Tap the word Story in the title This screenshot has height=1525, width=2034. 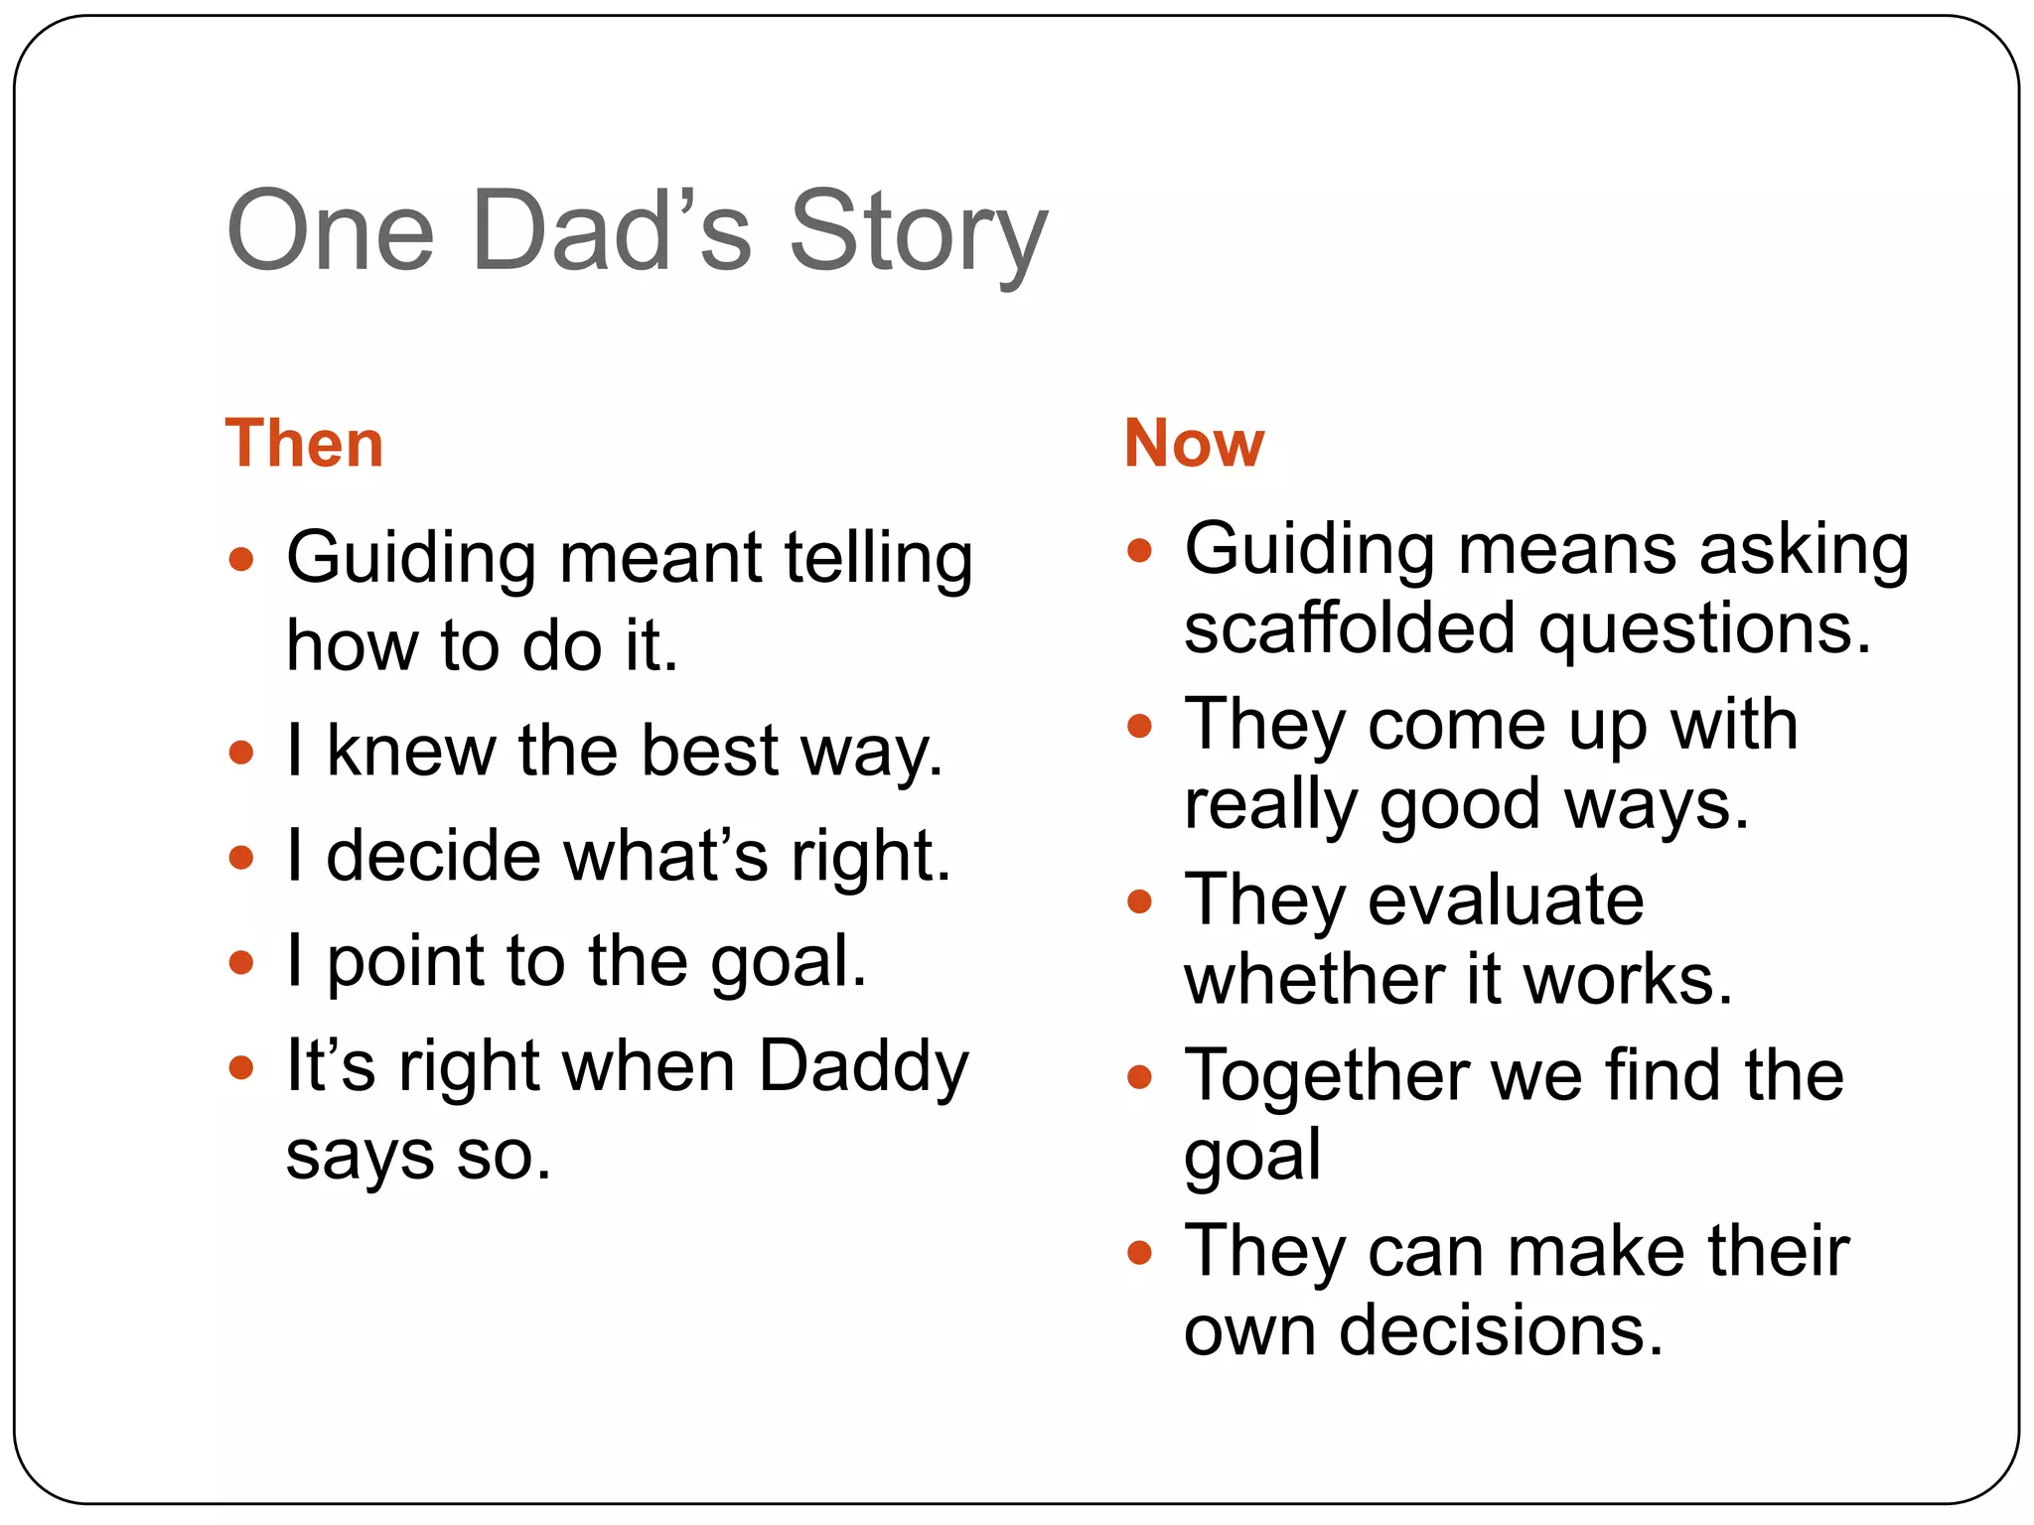[918, 234]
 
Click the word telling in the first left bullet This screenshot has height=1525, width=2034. [878, 558]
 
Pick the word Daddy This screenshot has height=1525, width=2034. [863, 1067]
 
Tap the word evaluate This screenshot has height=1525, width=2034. [1506, 901]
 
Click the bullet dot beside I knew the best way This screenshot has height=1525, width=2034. [241, 751]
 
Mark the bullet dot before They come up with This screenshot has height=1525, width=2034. [1139, 726]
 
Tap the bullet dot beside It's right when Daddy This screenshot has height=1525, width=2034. [241, 1068]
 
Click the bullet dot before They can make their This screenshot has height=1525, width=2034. [1139, 1253]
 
